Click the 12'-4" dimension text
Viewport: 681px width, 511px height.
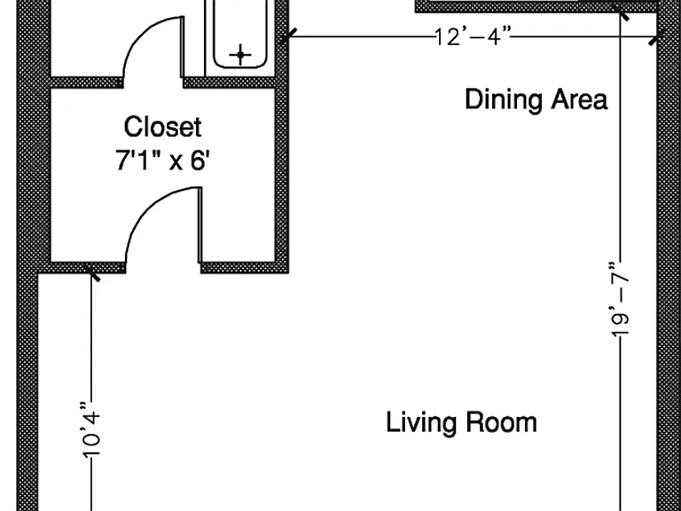point(473,36)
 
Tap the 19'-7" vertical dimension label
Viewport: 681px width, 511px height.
point(620,299)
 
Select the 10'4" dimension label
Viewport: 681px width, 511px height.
point(90,430)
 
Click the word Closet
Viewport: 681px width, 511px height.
point(163,127)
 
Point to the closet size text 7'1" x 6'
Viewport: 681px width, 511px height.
point(163,160)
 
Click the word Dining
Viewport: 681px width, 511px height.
point(504,100)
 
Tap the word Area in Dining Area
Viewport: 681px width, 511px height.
point(579,99)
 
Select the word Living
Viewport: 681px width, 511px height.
point(421,422)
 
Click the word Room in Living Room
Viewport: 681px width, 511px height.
point(501,422)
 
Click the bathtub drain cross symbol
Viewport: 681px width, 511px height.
point(240,55)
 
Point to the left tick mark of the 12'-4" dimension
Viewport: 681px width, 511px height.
point(288,36)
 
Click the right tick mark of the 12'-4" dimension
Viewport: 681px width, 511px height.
point(657,37)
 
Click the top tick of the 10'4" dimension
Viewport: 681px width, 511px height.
point(91,273)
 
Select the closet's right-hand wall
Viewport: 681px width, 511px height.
point(282,175)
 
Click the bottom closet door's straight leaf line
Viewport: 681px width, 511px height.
point(200,225)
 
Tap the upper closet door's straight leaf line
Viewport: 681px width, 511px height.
point(183,47)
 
